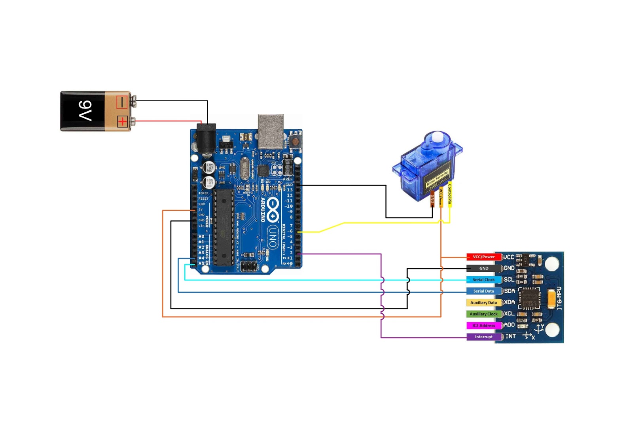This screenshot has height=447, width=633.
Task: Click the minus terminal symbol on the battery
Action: (x=122, y=102)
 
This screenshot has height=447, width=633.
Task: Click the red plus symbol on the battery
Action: (x=122, y=121)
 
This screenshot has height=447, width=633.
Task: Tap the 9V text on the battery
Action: (x=85, y=111)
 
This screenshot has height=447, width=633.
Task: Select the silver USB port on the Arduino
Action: (x=271, y=131)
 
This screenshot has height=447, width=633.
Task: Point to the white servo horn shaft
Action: (x=437, y=138)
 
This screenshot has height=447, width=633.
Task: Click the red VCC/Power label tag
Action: (x=483, y=257)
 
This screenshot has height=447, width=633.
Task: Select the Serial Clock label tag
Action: (x=483, y=280)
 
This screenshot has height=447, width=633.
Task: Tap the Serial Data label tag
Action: (x=483, y=291)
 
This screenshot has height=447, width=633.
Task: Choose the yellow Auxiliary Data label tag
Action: (x=483, y=303)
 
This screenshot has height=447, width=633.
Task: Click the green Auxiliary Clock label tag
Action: (x=483, y=314)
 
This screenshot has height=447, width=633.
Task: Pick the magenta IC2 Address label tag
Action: (x=483, y=326)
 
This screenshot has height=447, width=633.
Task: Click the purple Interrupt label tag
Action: (x=483, y=337)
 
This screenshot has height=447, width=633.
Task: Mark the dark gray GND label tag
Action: (x=483, y=268)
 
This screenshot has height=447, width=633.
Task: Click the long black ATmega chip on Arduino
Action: (x=224, y=227)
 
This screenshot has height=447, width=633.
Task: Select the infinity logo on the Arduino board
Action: (x=273, y=210)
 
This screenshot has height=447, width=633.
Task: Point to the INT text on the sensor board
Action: (x=511, y=336)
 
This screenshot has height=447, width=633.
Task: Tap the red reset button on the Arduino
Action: (x=295, y=141)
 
